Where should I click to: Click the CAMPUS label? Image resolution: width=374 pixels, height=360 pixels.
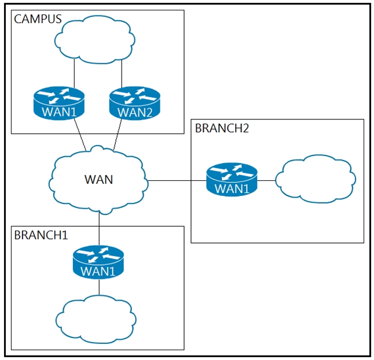38,19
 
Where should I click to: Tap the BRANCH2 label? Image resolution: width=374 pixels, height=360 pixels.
222,128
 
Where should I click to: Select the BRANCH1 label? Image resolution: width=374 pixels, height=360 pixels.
41,235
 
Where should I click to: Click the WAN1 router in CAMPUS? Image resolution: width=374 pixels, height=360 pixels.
59,103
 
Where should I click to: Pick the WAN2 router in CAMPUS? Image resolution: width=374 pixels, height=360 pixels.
135,103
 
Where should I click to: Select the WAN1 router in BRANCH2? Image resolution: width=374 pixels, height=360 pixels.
232,180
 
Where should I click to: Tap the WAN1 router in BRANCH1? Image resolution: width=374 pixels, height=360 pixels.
98,262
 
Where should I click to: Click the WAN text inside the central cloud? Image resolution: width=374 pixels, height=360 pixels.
98,180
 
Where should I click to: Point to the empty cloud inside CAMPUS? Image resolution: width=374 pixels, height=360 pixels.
95,39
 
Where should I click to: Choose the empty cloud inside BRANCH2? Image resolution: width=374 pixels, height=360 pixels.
316,179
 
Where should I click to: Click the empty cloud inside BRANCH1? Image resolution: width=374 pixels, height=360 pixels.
96,319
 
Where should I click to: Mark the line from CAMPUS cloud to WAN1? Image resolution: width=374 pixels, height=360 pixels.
74,73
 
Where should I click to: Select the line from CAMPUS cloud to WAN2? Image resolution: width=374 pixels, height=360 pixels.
122,74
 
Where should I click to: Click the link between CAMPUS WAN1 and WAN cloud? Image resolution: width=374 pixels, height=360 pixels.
80,135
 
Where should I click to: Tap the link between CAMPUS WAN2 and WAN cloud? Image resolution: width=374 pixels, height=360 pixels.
118,134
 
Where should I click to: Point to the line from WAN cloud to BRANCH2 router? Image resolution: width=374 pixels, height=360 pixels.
177,181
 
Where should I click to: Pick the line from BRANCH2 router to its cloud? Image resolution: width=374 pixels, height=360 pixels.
266,181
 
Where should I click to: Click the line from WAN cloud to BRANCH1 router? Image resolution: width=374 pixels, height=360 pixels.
99,229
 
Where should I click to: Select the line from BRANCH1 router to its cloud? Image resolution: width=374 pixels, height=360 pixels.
99,287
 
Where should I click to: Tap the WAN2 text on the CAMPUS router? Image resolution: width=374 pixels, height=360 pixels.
135,112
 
